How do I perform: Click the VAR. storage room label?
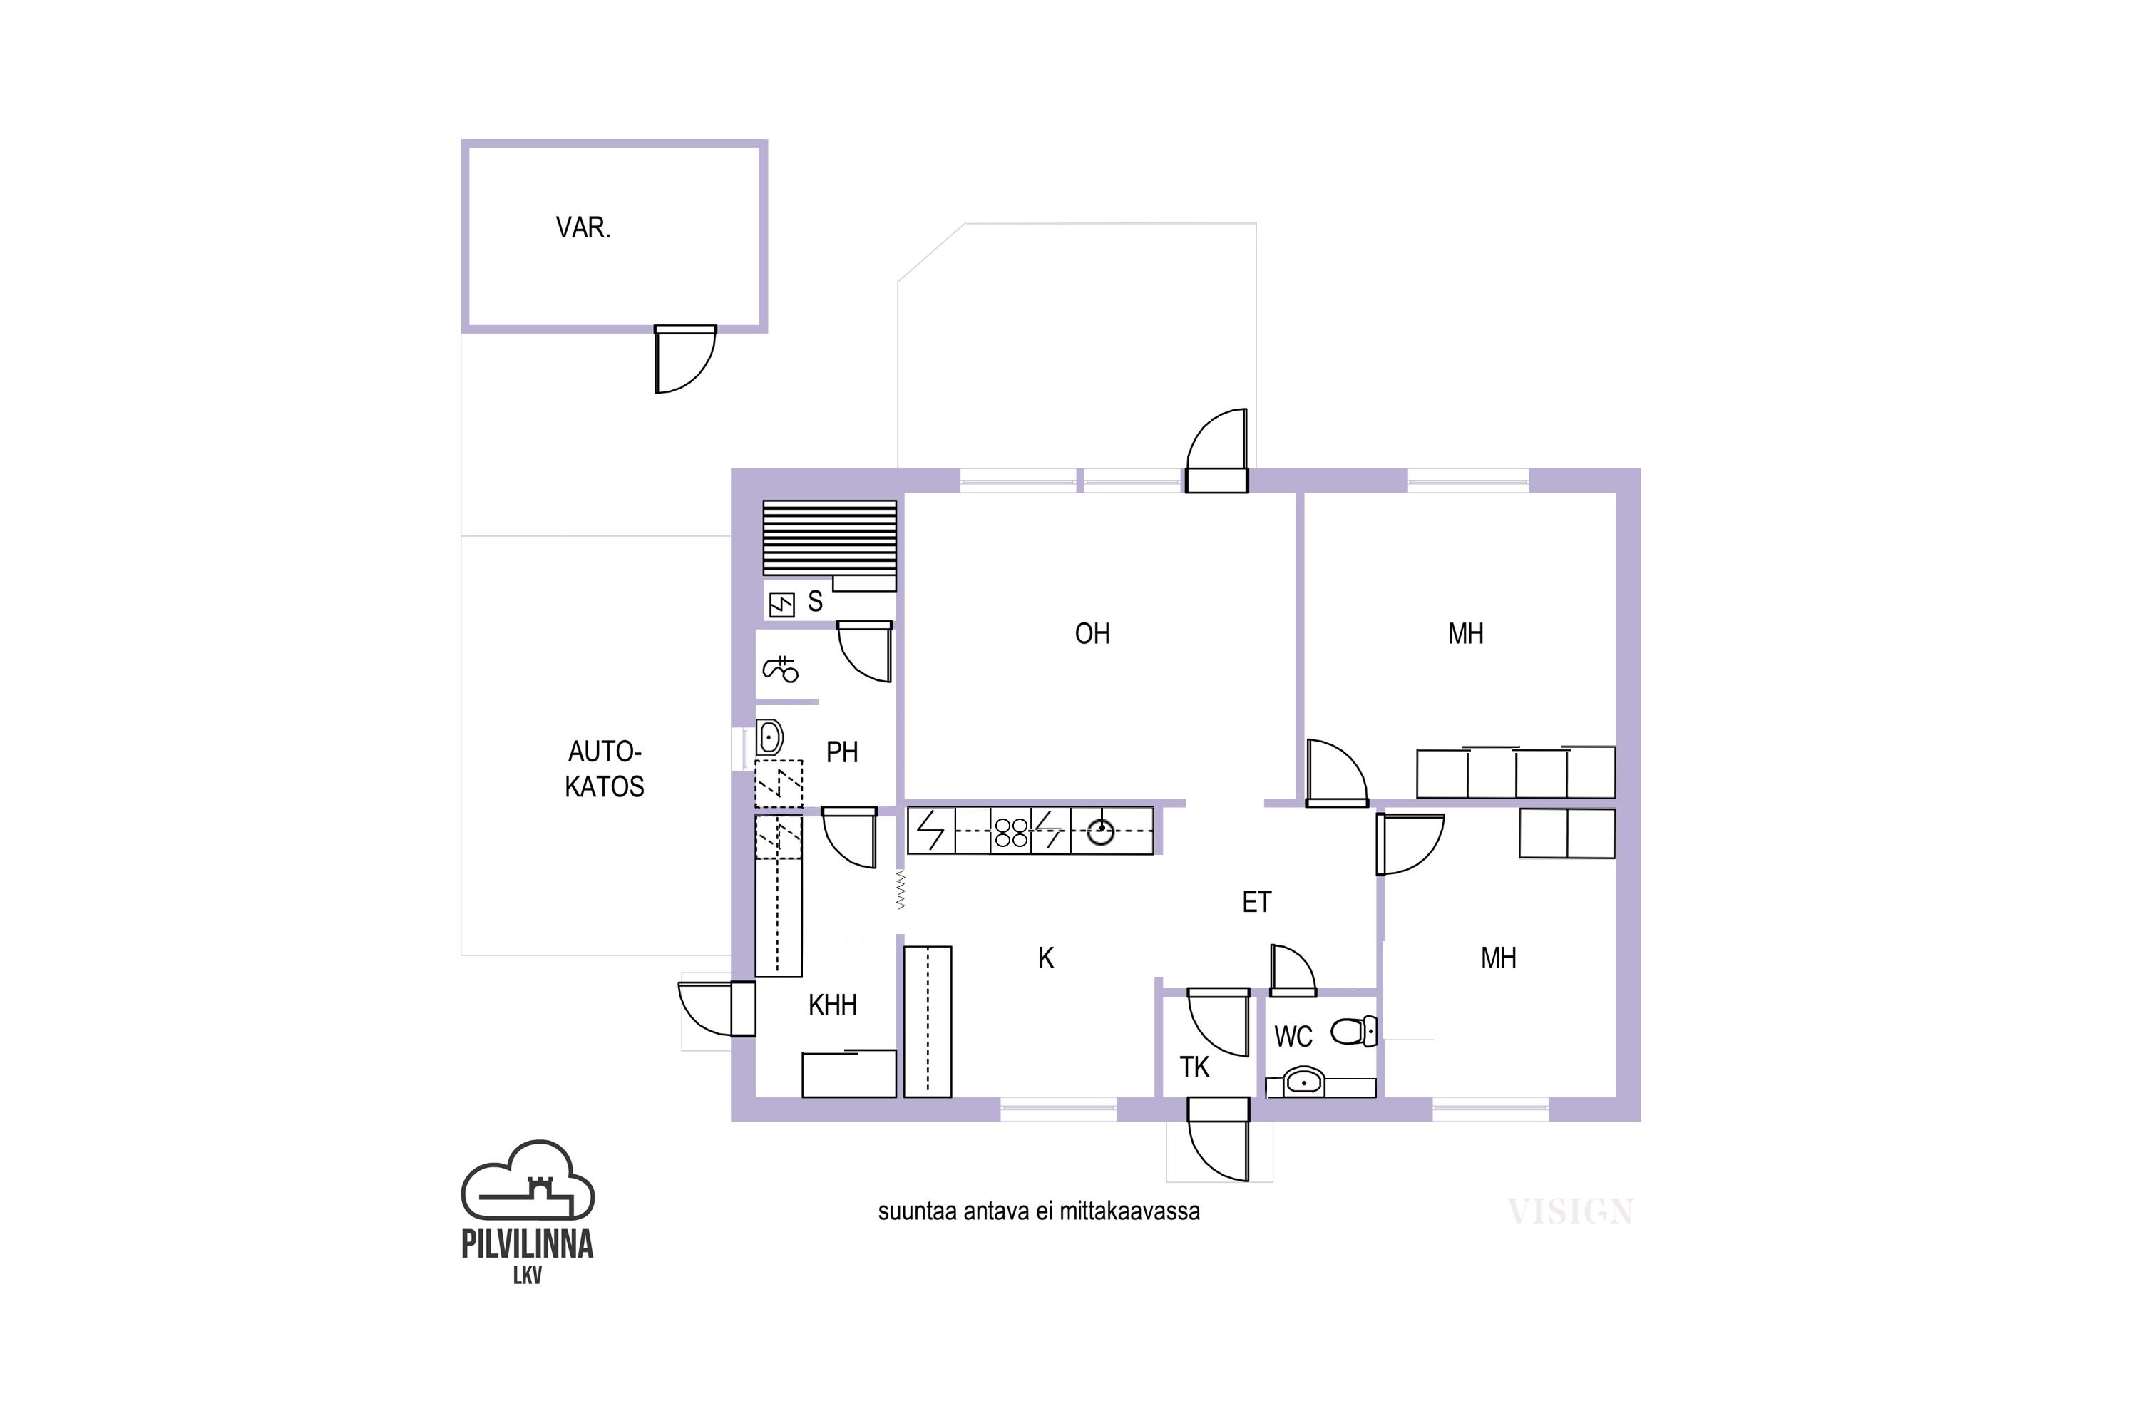click(x=583, y=227)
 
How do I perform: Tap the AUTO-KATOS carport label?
click(x=605, y=769)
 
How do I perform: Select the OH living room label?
click(x=1092, y=634)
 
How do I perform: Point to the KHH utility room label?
click(x=833, y=1005)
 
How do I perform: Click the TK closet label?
click(x=1195, y=1067)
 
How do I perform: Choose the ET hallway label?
click(x=1257, y=902)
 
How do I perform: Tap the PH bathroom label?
click(x=842, y=752)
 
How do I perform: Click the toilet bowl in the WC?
click(x=1354, y=1031)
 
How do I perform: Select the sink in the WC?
click(x=1303, y=1082)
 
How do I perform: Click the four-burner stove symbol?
click(x=1011, y=832)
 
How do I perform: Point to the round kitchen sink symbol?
click(x=1100, y=831)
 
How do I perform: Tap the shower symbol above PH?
click(x=780, y=670)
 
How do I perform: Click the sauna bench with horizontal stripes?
click(x=829, y=538)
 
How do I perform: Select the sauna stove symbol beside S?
click(x=782, y=604)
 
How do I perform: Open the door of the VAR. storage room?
click(x=684, y=359)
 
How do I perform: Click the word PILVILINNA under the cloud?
click(x=528, y=1244)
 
